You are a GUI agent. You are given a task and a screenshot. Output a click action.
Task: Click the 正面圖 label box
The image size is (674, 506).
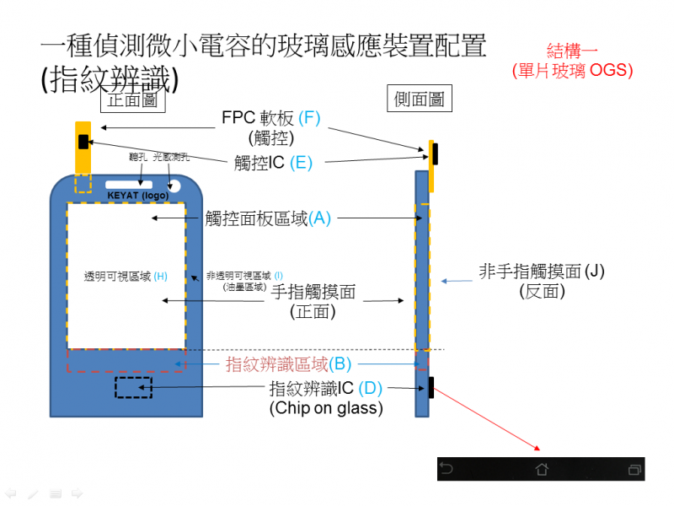(132, 100)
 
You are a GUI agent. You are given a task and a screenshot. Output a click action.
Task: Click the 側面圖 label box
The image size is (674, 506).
(420, 100)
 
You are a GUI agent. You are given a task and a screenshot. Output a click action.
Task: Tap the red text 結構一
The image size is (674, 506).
(572, 50)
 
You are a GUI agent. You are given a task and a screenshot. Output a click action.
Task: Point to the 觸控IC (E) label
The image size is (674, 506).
(273, 163)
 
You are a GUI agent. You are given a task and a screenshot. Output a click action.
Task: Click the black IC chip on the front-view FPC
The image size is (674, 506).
(83, 141)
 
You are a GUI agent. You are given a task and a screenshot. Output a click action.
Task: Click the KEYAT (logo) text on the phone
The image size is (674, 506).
(137, 195)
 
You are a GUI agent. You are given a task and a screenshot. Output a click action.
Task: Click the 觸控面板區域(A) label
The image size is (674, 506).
(269, 218)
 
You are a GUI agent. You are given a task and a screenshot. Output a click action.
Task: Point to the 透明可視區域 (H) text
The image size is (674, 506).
(126, 276)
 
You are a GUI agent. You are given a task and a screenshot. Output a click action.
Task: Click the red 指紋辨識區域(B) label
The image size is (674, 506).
(288, 364)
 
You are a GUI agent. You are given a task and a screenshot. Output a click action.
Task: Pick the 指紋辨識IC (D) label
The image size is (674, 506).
(325, 389)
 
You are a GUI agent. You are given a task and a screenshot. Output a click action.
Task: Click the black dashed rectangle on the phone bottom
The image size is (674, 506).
(133, 388)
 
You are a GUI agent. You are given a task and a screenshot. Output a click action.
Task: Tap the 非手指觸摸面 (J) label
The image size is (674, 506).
(542, 272)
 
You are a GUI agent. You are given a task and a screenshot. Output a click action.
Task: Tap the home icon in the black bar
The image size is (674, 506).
(542, 469)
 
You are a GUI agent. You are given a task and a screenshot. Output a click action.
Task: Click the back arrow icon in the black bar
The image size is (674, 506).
(447, 469)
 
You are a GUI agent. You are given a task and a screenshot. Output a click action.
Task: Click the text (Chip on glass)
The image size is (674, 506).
(325, 408)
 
